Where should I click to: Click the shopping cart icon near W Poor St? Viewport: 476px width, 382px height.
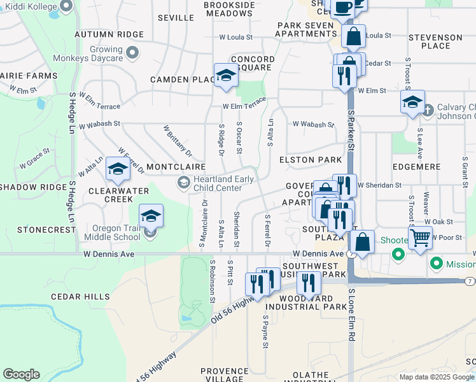coord(419,238)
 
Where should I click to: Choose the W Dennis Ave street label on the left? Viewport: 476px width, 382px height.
coord(109,253)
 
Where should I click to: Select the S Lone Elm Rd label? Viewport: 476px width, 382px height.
coord(351,315)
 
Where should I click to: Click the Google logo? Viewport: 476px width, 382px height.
coord(21,374)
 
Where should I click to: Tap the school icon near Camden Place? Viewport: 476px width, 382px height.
coord(225,76)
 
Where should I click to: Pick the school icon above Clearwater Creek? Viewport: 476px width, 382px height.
coord(118,169)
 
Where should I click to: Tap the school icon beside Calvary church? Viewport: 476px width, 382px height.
coord(412,102)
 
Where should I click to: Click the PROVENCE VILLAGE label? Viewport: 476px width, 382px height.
coord(224,375)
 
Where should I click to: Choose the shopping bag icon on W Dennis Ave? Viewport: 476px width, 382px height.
coord(362,242)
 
